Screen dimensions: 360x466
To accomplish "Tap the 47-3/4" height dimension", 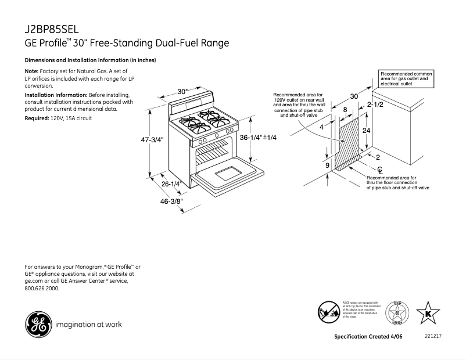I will click(153, 140).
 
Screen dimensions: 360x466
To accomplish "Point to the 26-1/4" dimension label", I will click(172, 184).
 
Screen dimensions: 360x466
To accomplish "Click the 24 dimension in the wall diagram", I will click(366, 131).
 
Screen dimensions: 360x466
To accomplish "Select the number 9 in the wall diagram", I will click(327, 165).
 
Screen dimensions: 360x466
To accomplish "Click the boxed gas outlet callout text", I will click(406, 79).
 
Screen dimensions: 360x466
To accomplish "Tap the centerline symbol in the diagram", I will click(380, 170).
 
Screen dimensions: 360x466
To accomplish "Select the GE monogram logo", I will click(37, 324).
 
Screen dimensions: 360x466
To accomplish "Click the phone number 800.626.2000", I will click(42, 288).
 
